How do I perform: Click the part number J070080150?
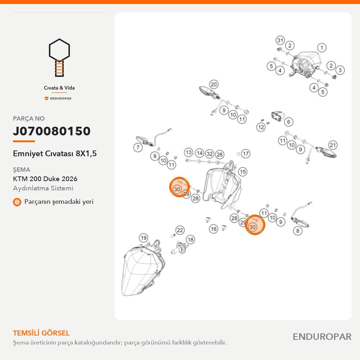[x=51, y=131]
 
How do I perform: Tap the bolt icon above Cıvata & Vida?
[x=59, y=58]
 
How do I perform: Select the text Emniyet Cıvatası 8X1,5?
[x=55, y=153]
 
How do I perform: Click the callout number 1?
[x=321, y=48]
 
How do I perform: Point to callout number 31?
[x=280, y=41]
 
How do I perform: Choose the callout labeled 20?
[x=213, y=85]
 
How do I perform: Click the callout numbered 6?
[x=289, y=122]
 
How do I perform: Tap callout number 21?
[x=333, y=145]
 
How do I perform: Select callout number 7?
[x=138, y=147]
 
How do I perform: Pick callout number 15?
[x=242, y=172]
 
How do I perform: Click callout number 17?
[x=246, y=154]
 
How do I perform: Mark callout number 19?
[x=144, y=238]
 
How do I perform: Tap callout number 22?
[x=180, y=230]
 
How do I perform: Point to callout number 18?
[x=190, y=240]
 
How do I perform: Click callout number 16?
[x=213, y=229]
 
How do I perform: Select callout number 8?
[x=298, y=230]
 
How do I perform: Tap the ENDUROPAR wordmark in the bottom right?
[x=322, y=337]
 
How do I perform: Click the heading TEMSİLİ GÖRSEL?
[x=41, y=333]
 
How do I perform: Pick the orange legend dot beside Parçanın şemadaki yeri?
[x=17, y=202]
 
